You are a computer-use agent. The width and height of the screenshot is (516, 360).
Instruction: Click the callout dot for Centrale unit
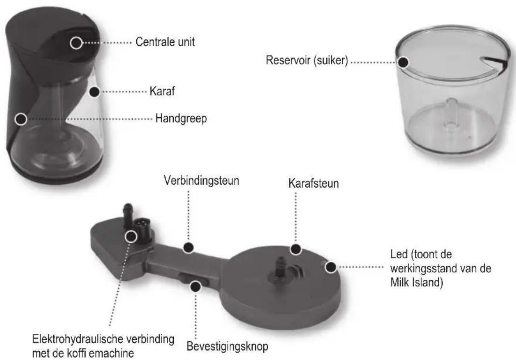(76, 43)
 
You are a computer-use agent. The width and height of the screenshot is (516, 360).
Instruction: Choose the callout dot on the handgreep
(19, 119)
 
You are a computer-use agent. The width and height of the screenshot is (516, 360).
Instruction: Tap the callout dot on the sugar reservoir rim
(402, 62)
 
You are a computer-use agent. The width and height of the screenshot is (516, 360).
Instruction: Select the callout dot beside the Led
(331, 267)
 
